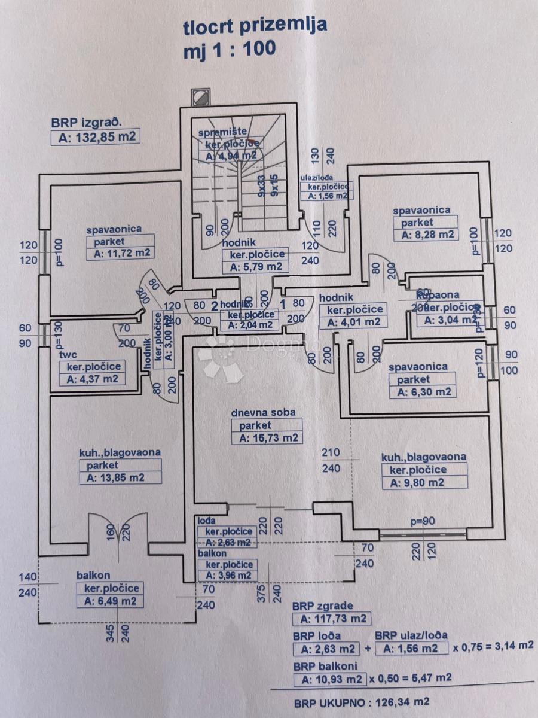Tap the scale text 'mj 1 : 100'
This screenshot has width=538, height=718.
tap(230, 48)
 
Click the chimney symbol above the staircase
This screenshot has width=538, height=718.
tap(200, 96)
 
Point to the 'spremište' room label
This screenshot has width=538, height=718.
tap(223, 132)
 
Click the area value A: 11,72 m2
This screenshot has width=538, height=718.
tap(120, 254)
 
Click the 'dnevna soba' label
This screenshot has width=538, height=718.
tap(264, 412)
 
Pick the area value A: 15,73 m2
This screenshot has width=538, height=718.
tap(267, 438)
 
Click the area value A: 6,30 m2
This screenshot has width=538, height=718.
tap(422, 393)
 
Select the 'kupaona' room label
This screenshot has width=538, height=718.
tap(438, 295)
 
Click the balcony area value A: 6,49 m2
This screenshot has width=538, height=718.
tap(110, 601)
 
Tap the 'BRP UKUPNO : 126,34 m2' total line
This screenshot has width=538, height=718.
tap(360, 701)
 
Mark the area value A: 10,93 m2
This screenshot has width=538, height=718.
tap(329, 679)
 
